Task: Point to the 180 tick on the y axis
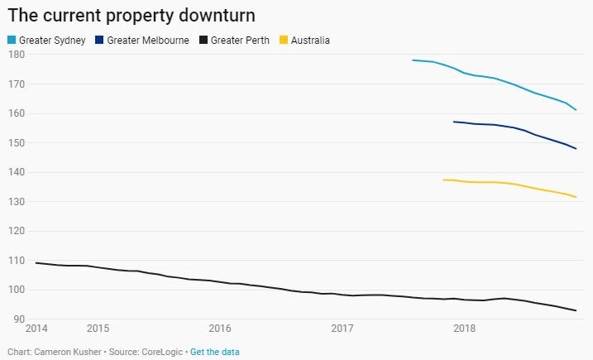pos(16,55)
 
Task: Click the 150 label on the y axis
pos(16,143)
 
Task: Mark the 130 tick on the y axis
pos(16,202)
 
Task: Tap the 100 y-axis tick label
pos(16,290)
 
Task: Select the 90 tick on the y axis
pos(18,319)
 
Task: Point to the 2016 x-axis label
pos(219,329)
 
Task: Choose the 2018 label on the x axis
pos(464,329)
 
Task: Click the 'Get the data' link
pos(215,352)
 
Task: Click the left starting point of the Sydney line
pos(413,60)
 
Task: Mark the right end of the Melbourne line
pos(576,149)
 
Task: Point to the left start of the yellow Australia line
pos(444,180)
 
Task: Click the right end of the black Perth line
pos(576,310)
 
